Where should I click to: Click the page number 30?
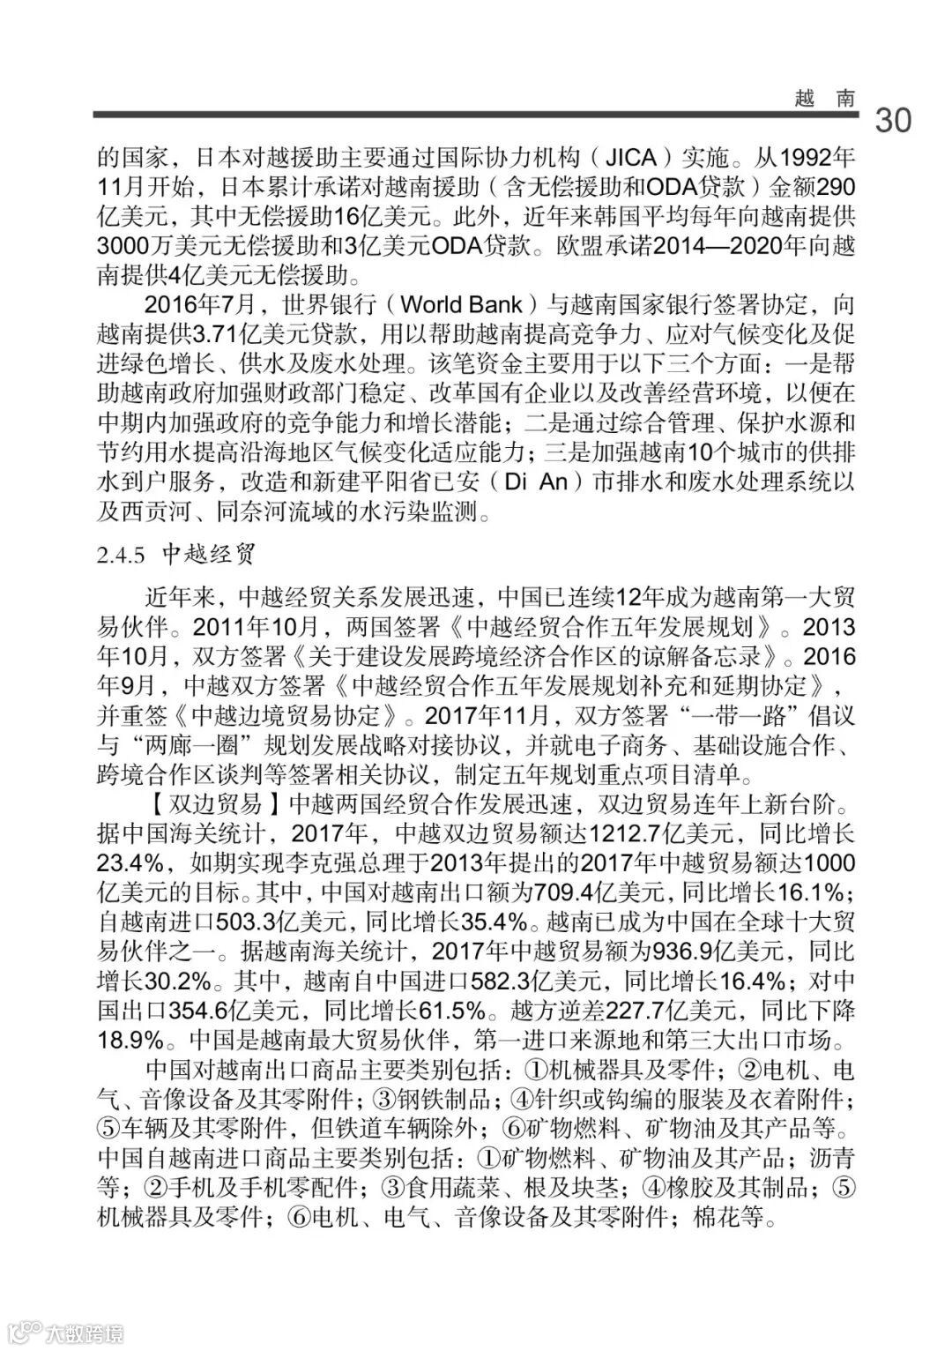(893, 120)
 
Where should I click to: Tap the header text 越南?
(825, 98)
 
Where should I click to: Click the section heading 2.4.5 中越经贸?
(175, 555)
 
